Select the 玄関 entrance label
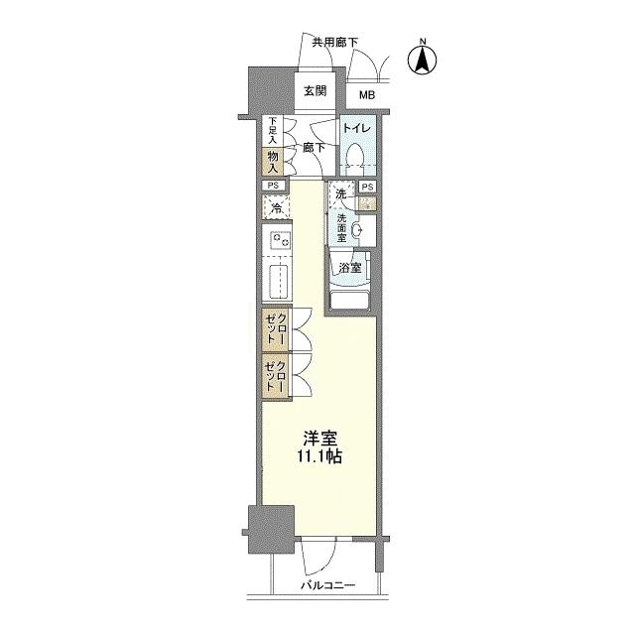315,91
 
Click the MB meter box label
367,95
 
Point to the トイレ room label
356,129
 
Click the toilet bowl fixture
355,154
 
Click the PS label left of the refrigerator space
271,186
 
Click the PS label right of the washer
367,187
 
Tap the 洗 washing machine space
341,194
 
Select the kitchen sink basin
279,280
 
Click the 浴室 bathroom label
348,267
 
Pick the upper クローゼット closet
278,326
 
